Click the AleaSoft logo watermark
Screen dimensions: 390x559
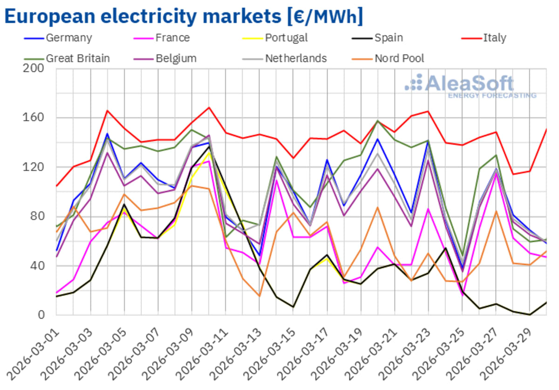[470, 86]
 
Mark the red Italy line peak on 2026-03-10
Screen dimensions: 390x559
[209, 108]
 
